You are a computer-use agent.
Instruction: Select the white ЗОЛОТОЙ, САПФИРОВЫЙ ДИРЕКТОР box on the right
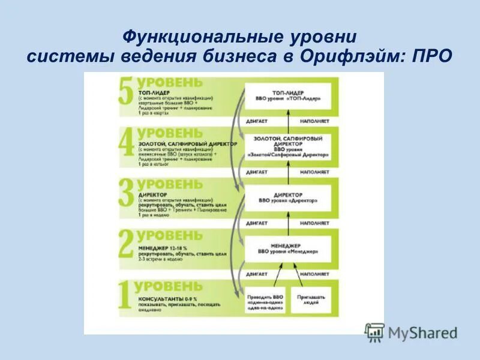click(x=288, y=146)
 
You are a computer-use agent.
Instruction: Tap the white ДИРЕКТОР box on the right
click(x=287, y=198)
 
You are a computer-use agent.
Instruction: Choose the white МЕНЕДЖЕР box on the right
click(x=287, y=248)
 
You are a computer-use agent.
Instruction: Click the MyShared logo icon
click(x=374, y=332)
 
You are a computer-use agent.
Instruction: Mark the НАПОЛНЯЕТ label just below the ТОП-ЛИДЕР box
click(x=315, y=121)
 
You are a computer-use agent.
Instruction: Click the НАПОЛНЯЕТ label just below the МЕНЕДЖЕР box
click(x=315, y=273)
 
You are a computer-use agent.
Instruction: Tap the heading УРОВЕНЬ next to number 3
click(x=170, y=184)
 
